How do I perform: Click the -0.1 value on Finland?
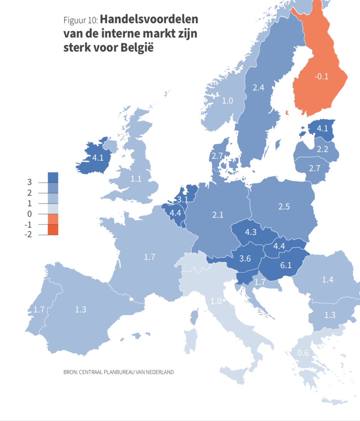[321, 76]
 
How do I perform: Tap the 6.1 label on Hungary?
[286, 265]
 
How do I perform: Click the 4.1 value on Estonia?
[322, 128]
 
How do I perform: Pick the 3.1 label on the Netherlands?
[182, 200]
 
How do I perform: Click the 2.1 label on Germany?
[217, 215]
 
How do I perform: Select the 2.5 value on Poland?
[284, 206]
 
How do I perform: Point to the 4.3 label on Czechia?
[250, 232]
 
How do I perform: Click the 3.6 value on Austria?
[245, 259]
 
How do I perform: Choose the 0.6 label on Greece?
[303, 353]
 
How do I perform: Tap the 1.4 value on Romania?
[327, 279]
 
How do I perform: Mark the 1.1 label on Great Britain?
[136, 179]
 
